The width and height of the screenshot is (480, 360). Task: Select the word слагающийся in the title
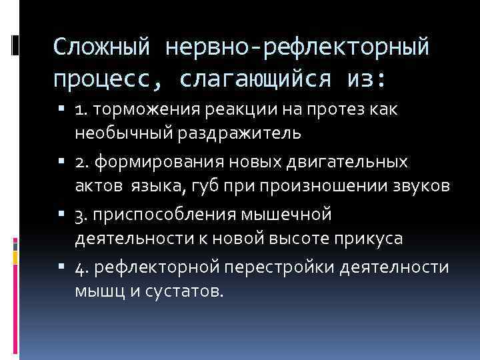255,79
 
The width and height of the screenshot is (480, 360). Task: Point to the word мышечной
294,215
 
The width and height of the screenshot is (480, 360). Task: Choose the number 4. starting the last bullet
83,267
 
